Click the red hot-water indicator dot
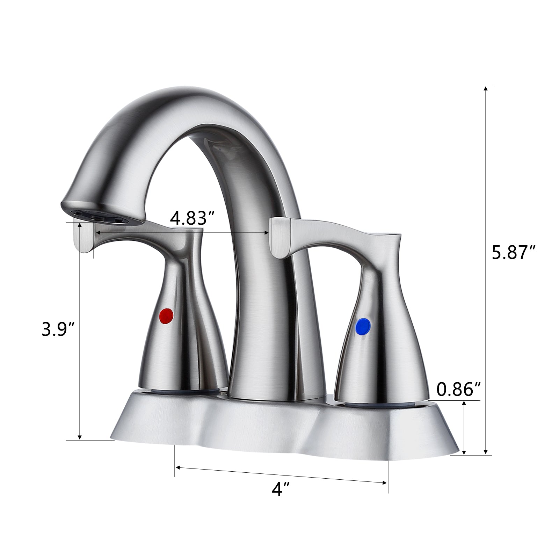166,316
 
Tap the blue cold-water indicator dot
363,326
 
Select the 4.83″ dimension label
192,219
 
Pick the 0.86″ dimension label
459,390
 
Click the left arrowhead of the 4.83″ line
97,232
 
